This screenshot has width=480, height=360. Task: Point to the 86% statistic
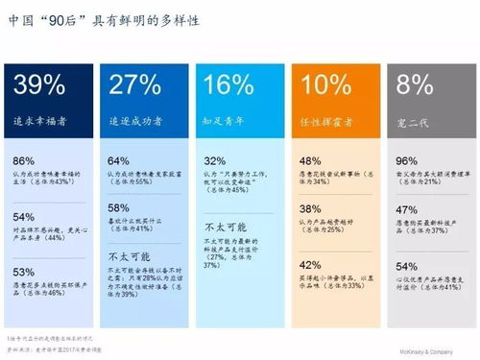(24, 159)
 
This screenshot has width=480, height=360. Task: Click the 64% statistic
(118, 159)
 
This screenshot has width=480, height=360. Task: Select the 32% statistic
(214, 160)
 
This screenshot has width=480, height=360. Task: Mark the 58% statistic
(118, 207)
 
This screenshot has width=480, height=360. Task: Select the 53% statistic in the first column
(24, 272)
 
